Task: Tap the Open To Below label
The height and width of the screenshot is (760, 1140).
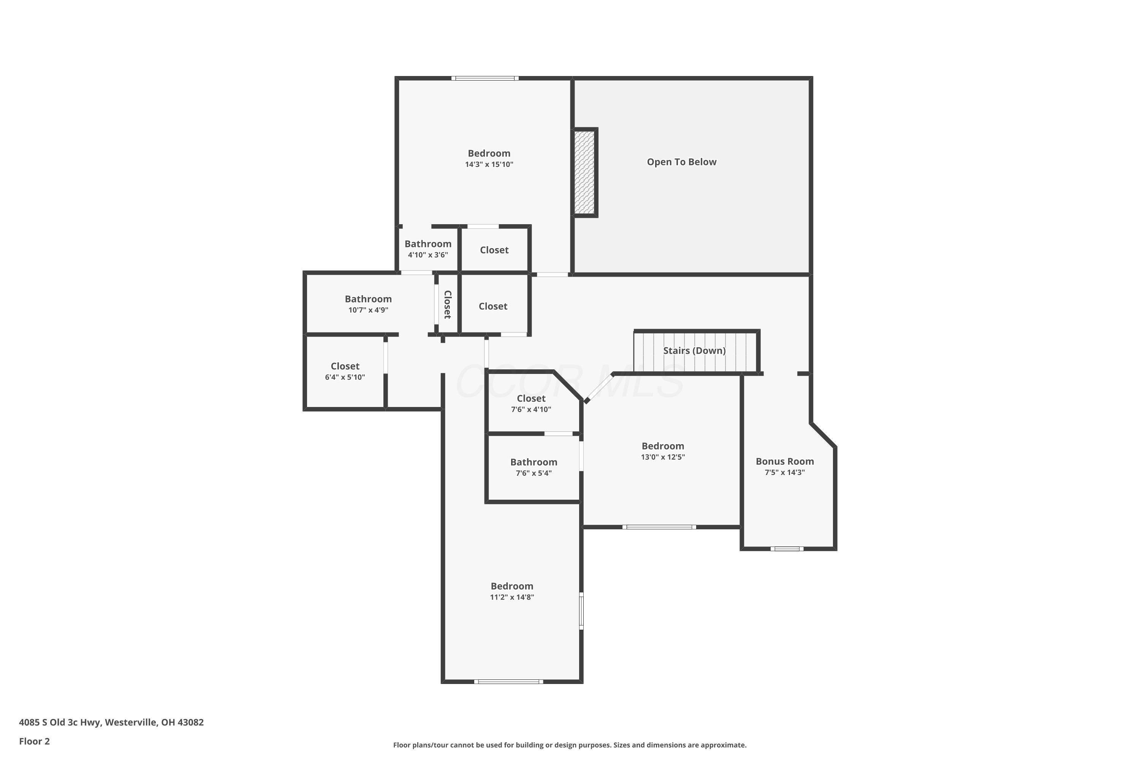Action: click(681, 162)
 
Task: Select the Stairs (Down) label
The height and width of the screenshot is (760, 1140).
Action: click(694, 350)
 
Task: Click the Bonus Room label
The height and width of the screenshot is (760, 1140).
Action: click(785, 461)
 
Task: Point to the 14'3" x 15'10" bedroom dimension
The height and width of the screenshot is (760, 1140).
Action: click(489, 164)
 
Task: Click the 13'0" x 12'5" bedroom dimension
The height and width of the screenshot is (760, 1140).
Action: click(663, 457)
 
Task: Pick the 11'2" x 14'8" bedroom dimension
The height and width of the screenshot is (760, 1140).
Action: click(512, 597)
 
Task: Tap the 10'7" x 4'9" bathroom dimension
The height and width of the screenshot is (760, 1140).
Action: click(368, 310)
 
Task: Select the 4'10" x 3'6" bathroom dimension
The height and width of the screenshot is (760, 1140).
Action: click(427, 255)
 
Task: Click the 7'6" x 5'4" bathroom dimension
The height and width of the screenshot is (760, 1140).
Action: click(534, 473)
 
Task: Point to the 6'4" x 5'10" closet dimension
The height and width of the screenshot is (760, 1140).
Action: click(345, 377)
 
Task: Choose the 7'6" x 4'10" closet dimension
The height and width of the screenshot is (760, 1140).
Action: click(531, 410)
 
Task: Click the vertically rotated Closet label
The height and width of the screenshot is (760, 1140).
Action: click(447, 304)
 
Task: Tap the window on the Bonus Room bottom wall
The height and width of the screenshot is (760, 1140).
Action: click(787, 549)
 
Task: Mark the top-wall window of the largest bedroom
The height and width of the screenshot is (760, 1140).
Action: click(485, 78)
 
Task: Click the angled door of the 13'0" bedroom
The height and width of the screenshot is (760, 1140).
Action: click(599, 388)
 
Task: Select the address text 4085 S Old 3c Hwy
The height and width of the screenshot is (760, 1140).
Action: click(60, 722)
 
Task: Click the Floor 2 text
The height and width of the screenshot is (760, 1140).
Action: click(35, 741)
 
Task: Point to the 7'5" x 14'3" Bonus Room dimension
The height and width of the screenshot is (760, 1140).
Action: click(785, 473)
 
